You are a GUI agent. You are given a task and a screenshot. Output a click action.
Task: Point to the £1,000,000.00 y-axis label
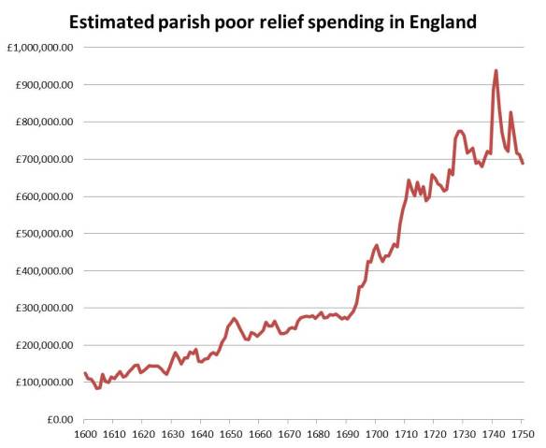40,47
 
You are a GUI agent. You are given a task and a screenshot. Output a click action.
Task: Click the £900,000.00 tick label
43,84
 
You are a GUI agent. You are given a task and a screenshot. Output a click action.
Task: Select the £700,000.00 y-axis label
43,159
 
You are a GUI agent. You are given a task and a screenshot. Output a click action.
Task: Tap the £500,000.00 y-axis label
43,234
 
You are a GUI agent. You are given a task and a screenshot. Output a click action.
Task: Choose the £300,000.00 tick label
43,308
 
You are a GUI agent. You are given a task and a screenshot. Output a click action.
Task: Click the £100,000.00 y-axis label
43,383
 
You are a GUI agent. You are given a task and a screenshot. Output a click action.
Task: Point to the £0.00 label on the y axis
62,420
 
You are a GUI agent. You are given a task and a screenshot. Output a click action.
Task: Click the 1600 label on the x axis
84,435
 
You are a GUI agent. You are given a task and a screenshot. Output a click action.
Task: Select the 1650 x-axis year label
230,435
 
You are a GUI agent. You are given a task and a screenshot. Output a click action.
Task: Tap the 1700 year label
376,435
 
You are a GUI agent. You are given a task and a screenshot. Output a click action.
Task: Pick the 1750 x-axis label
522,435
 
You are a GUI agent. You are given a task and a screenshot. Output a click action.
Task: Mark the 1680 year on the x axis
318,435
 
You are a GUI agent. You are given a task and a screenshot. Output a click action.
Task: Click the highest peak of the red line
496,70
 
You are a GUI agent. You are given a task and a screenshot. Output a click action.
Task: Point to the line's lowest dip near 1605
97,388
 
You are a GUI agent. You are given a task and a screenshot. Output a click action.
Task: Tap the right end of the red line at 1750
523,163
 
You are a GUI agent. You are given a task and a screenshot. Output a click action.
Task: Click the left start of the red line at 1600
84,373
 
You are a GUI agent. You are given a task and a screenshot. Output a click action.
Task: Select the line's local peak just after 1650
234,319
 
